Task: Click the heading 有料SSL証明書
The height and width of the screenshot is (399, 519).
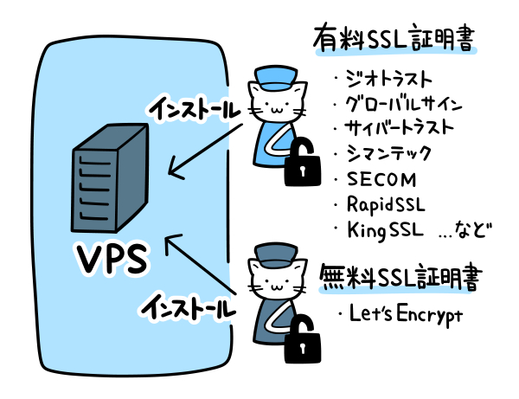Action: pos(396,39)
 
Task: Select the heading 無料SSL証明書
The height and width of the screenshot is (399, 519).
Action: pos(400,277)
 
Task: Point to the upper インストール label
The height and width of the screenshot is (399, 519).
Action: pos(192,108)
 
